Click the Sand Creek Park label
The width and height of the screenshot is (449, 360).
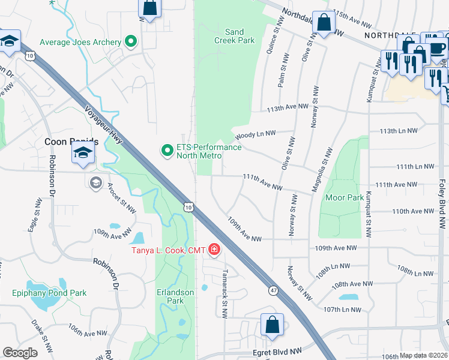(234, 36)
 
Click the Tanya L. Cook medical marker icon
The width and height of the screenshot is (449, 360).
(214, 250)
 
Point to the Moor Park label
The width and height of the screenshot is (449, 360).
(344, 197)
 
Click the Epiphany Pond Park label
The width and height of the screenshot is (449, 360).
(49, 293)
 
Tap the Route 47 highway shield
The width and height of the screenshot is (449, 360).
(273, 290)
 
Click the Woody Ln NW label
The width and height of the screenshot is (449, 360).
(255, 134)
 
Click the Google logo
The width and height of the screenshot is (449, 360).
(20, 353)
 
